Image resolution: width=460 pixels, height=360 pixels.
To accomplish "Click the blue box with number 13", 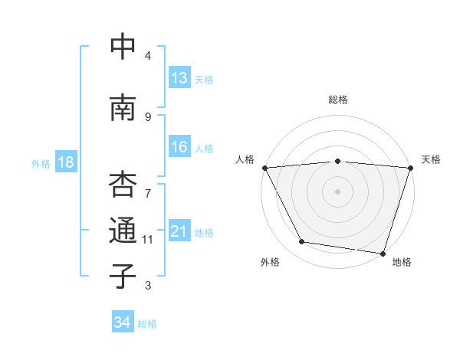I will [179, 78].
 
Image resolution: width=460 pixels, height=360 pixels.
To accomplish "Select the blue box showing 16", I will [179, 147].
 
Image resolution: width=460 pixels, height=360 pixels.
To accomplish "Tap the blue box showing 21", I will [179, 231].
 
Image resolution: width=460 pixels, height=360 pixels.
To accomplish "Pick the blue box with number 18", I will [65, 162].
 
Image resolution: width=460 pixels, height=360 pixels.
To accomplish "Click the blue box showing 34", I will [122, 322].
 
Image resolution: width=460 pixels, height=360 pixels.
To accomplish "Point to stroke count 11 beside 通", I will [148, 240].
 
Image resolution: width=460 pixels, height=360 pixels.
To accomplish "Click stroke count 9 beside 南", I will [148, 116].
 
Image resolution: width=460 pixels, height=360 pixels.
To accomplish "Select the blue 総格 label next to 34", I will [147, 324].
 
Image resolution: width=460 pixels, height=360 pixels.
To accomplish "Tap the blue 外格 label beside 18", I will [41, 163].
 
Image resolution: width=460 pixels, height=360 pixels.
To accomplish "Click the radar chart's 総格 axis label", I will [337, 100].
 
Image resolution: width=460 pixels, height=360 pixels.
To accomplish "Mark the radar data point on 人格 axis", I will [264, 168].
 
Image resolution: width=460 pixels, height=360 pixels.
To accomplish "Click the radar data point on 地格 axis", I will [383, 253].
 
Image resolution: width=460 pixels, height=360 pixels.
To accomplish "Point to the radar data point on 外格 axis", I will [302, 242].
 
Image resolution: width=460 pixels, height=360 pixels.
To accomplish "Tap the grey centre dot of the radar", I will [337, 191].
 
